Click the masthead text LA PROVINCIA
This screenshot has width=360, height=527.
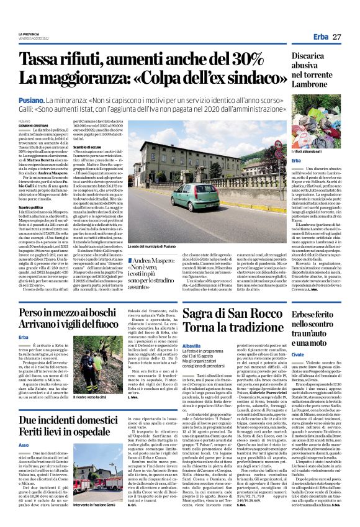(29, 34)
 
